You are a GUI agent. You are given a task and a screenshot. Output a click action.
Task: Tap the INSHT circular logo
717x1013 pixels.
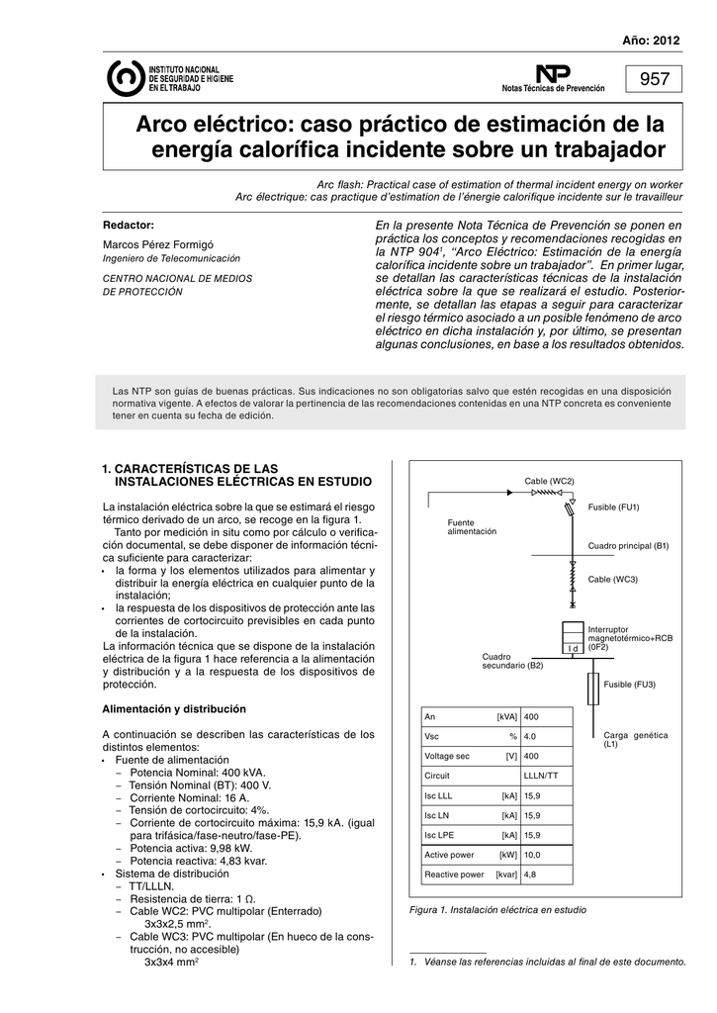124,78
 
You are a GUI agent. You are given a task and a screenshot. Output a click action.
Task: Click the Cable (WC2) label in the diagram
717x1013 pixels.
549,480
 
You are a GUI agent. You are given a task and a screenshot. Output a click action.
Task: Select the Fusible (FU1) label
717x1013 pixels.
614,507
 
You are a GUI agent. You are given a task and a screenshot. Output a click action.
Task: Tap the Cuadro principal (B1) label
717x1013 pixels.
629,545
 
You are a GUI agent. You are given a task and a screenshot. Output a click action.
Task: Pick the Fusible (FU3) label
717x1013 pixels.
630,685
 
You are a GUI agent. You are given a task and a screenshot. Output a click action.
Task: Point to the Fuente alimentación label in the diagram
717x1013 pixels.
472,526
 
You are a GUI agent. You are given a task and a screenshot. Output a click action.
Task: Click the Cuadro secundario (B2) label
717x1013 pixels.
512,660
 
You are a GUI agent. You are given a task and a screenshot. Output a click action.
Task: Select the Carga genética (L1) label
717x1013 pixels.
636,739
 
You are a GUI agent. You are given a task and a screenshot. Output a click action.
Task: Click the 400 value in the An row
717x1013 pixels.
531,716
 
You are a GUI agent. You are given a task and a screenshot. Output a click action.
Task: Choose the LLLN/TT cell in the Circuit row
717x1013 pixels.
540,776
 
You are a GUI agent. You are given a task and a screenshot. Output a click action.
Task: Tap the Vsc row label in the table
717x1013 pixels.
431,736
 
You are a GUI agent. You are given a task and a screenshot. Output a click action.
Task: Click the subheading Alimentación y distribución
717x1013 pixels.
174,709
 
